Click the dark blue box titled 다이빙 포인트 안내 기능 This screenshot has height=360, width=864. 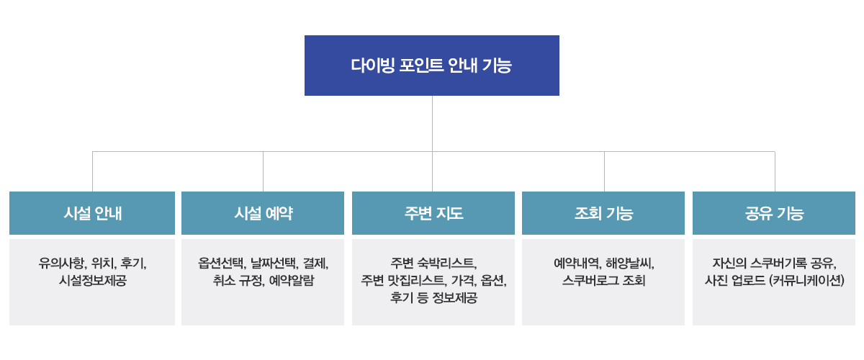pos(431,66)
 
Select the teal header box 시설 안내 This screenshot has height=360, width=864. pos(92,213)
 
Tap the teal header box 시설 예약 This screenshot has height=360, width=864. pos(263,213)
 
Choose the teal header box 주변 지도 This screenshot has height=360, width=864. pos(433,213)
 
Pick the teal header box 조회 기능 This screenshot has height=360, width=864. pos(603,213)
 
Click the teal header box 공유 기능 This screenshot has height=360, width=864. pos(774,213)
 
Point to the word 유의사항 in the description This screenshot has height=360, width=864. pos(62,264)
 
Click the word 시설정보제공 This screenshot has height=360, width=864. pos(93,281)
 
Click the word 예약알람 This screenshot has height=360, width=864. pos(292,281)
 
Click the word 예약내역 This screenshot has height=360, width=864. pos(577,264)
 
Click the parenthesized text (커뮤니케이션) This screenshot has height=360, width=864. pos(806,281)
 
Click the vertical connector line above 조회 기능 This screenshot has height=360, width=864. pos(604,171)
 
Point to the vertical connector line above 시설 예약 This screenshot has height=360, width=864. pos(263,171)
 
